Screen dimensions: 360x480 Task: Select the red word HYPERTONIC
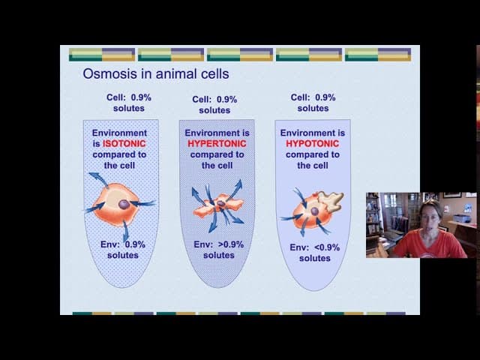click(x=217, y=143)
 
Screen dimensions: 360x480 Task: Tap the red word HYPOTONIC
click(x=313, y=144)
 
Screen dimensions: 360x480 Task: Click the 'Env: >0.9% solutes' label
click(x=217, y=250)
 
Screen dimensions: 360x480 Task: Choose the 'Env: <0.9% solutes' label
click(x=314, y=253)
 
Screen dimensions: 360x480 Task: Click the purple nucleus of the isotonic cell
click(x=124, y=204)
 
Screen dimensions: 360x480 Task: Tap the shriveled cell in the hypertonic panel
click(x=217, y=205)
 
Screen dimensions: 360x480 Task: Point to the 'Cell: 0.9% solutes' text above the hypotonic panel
click(x=313, y=102)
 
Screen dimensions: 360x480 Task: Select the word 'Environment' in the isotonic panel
click(x=128, y=133)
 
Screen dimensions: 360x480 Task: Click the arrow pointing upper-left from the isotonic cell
click(x=97, y=178)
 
